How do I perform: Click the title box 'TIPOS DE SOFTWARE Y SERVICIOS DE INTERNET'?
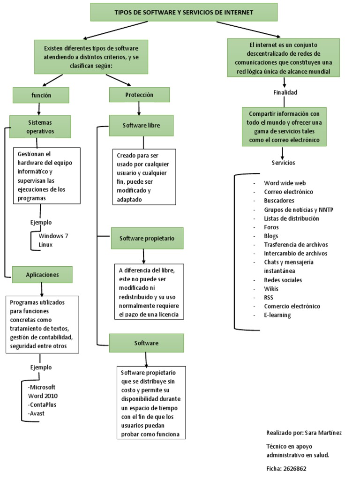pos(183,12)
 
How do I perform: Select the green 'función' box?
pos(41,95)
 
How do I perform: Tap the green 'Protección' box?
pos(139,95)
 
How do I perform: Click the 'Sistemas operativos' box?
pos(40,126)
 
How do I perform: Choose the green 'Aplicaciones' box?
pos(43,275)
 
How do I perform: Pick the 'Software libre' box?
pos(141,126)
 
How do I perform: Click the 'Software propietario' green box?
pos(147,238)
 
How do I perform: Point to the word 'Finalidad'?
pos(285,92)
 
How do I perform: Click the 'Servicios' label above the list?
pos(283,163)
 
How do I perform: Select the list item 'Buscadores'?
pos(279,201)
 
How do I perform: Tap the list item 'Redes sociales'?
pos(283,280)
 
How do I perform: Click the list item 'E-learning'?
pos(277,315)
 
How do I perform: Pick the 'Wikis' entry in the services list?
pos(271,289)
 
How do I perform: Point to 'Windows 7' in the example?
pos(53,236)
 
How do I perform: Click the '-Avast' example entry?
pos(37,413)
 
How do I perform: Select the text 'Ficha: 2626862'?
pos(286,468)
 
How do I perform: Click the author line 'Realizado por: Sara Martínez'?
pos(304,433)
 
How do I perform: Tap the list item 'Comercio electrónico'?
pos(292,306)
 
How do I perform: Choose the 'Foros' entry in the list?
pos(271,227)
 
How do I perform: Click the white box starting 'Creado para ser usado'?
pos(144,177)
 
